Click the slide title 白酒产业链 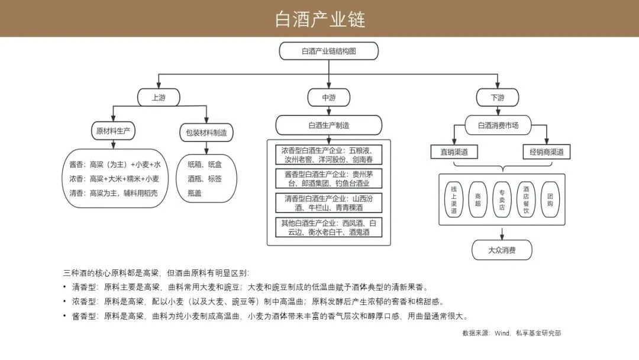click(x=319, y=19)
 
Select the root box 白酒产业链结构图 click(x=328, y=51)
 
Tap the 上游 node click(x=159, y=98)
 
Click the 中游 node click(x=328, y=98)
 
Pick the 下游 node click(x=498, y=98)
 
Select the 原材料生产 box click(x=112, y=131)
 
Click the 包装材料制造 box click(x=206, y=133)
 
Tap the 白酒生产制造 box click(x=328, y=126)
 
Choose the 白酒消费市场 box click(x=498, y=126)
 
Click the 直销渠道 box click(x=454, y=152)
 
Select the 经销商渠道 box click(x=547, y=152)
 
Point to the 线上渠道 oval click(x=454, y=199)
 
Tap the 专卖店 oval click(x=502, y=199)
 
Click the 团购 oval click(x=550, y=199)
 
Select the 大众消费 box click(x=502, y=250)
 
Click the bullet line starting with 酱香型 click(x=266, y=316)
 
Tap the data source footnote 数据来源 click(x=511, y=333)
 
